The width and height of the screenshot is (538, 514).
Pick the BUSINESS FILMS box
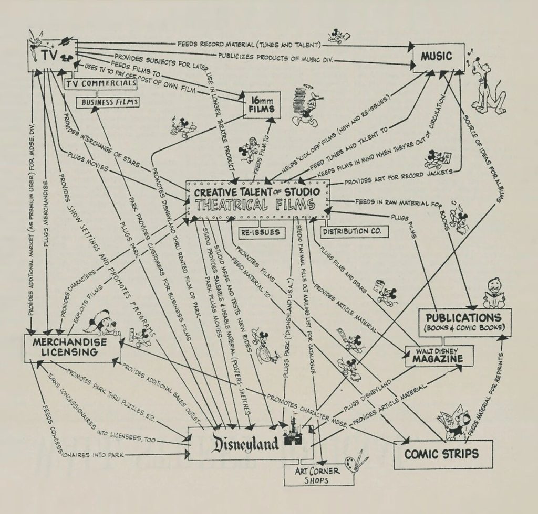coord(108,102)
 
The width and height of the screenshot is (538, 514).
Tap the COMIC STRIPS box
coord(442,454)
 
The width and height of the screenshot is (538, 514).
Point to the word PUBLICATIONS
coord(463,318)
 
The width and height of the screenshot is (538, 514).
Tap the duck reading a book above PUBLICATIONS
coord(494,294)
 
